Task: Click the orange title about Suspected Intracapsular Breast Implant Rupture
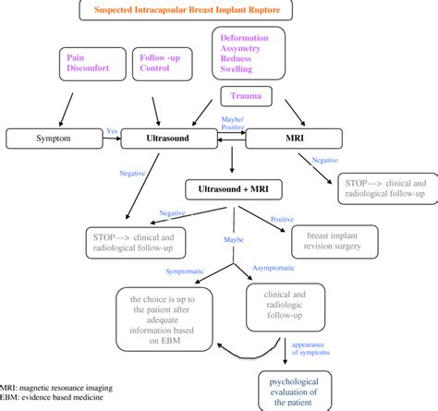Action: [217, 10]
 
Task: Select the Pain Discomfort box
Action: [83, 65]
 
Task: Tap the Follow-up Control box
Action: [158, 65]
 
